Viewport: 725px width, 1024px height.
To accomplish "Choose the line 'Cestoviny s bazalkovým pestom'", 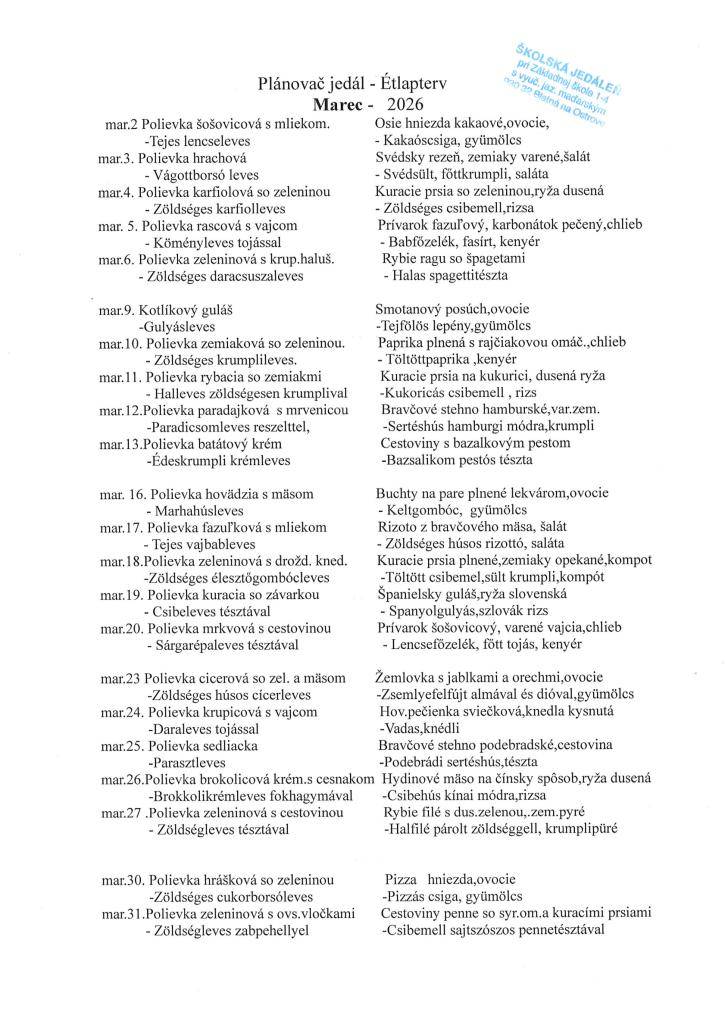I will [475, 443].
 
